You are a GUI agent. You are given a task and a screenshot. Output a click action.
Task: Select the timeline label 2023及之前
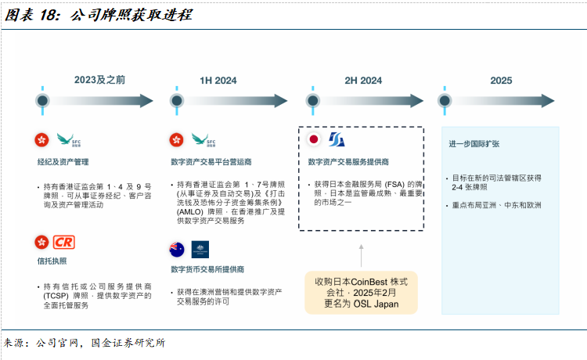(x=100, y=80)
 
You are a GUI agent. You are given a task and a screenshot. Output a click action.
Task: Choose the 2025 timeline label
(x=501, y=80)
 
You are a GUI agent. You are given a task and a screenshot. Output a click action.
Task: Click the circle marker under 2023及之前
(x=43, y=101)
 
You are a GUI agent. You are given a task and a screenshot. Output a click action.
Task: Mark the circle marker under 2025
(x=445, y=101)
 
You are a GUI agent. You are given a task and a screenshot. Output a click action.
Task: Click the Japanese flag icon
(x=314, y=140)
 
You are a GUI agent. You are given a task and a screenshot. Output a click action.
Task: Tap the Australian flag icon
(x=177, y=250)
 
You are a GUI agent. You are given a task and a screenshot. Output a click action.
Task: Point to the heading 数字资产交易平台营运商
(x=211, y=162)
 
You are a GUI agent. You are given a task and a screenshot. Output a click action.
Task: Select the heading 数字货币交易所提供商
(x=208, y=271)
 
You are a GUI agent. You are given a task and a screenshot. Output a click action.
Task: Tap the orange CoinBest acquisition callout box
(x=361, y=291)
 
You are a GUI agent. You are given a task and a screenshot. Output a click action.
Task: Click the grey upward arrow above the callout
(x=361, y=255)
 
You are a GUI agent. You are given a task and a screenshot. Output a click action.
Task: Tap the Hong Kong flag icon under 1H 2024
(x=177, y=140)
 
